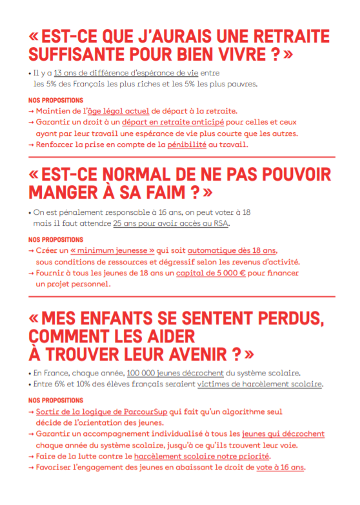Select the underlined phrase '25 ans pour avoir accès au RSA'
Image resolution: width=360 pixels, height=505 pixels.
[171, 223]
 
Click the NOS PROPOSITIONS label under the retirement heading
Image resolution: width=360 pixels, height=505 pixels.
[56, 101]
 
